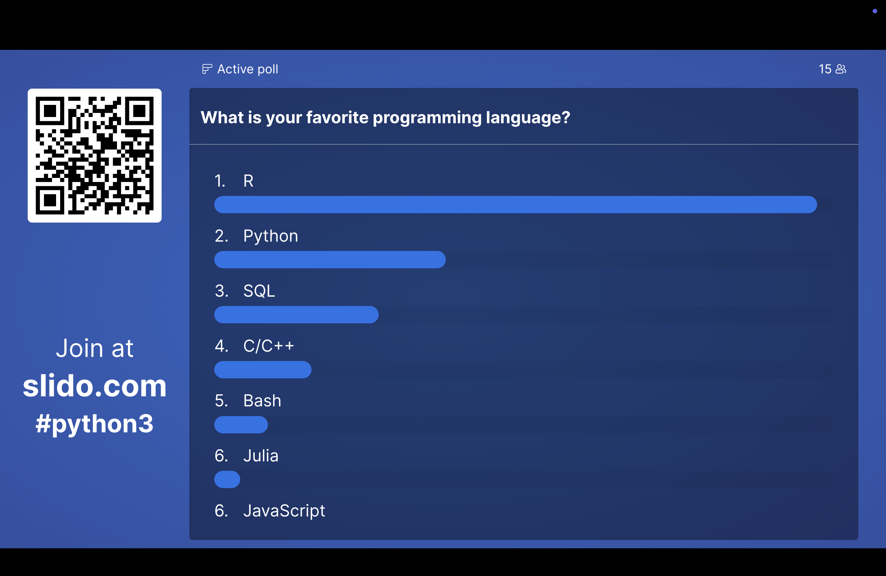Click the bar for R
pyautogui.click(x=515, y=205)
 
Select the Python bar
pyautogui.click(x=330, y=260)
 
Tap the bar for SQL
pyautogui.click(x=296, y=315)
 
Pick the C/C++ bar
pyautogui.click(x=263, y=370)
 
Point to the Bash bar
pyautogui.click(x=241, y=424)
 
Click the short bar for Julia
pyautogui.click(x=227, y=479)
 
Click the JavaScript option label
pyautogui.click(x=284, y=511)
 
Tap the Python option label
pyautogui.click(x=271, y=236)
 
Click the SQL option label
pyautogui.click(x=259, y=291)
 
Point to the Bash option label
pyautogui.click(x=262, y=400)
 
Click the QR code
pyautogui.click(x=94, y=156)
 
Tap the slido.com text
pyautogui.click(x=94, y=386)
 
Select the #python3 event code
pyautogui.click(x=94, y=424)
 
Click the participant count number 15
pyautogui.click(x=825, y=69)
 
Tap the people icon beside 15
pyautogui.click(x=841, y=69)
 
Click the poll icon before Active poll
pyautogui.click(x=207, y=69)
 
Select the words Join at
pyautogui.click(x=94, y=349)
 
